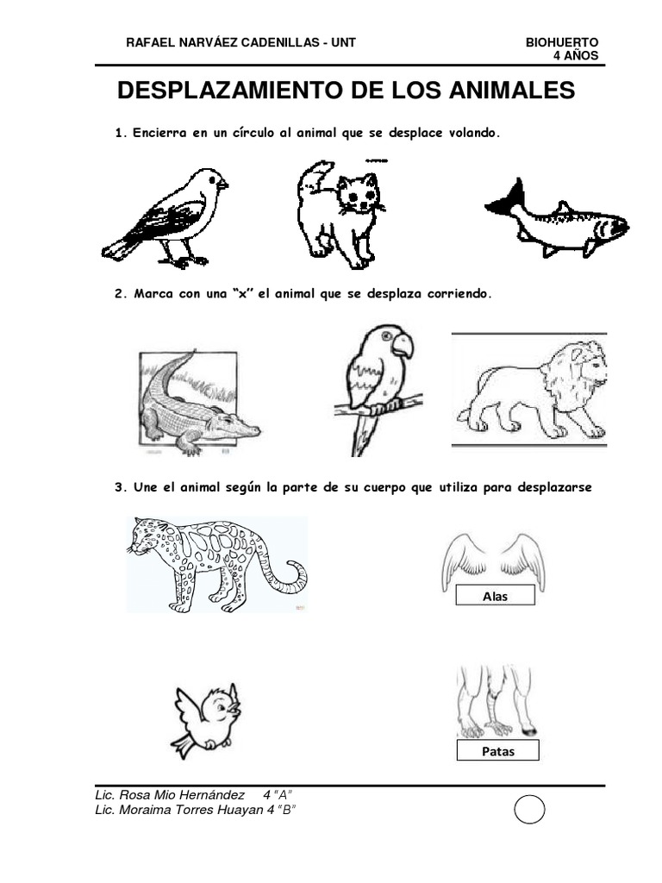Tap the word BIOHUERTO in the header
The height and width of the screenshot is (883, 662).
561,43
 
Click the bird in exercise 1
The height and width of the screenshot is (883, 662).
169,216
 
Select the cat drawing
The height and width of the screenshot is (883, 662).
338,213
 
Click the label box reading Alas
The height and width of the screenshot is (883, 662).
495,597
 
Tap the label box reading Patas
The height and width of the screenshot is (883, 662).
497,751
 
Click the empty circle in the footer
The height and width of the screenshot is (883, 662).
529,811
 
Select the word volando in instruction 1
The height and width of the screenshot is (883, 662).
466,134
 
